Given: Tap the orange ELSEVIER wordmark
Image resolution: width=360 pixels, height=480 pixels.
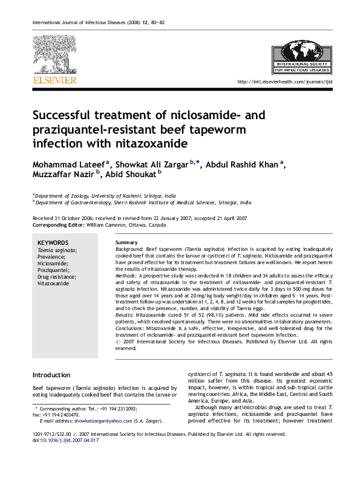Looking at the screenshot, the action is pos(54,80).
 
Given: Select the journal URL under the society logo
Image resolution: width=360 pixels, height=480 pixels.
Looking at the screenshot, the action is pos(286,82).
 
